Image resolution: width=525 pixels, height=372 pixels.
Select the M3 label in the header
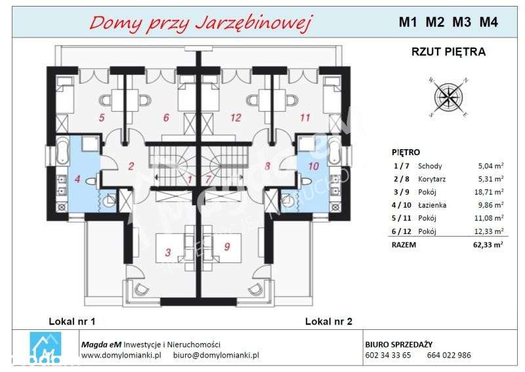(x=461, y=22)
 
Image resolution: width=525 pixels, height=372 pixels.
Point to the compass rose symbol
(x=448, y=97)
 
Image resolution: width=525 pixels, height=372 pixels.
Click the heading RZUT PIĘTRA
(x=448, y=52)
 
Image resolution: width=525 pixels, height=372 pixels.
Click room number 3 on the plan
(x=168, y=252)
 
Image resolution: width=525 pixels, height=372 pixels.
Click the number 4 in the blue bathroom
(x=77, y=178)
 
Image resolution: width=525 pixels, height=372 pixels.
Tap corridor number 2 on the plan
(x=131, y=166)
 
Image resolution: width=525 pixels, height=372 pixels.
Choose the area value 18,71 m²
(x=490, y=191)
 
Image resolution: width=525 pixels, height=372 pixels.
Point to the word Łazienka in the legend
(x=432, y=204)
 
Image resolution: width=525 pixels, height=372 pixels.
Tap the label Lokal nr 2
(x=328, y=321)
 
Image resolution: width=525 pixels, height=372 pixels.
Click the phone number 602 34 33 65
(x=387, y=356)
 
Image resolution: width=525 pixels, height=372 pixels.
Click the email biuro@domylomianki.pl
(x=216, y=356)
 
